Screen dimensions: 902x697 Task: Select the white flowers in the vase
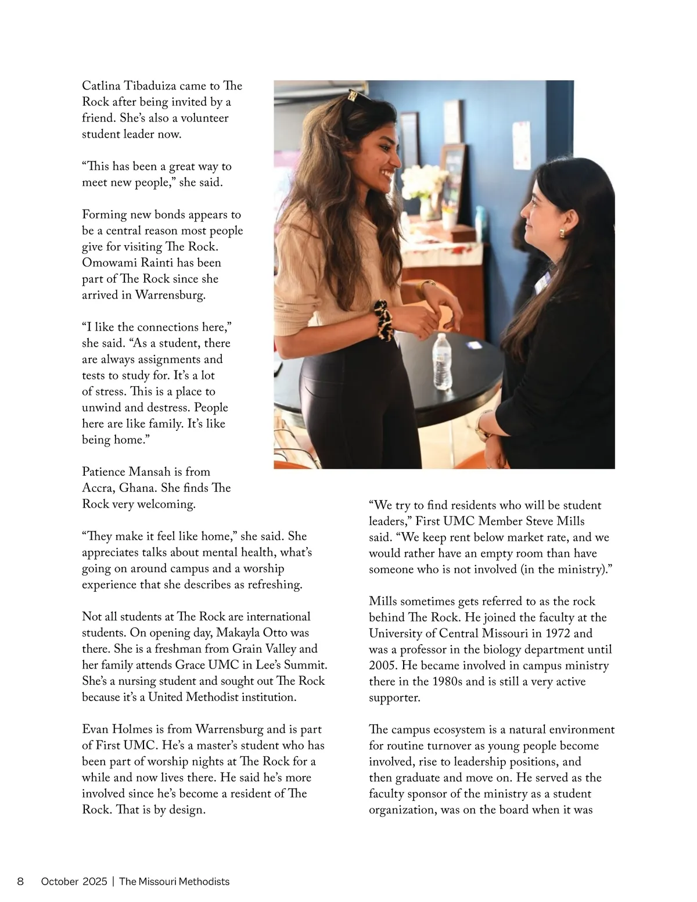pos(422,180)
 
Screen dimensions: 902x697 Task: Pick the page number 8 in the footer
pos(20,882)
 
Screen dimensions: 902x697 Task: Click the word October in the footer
pos(59,882)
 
